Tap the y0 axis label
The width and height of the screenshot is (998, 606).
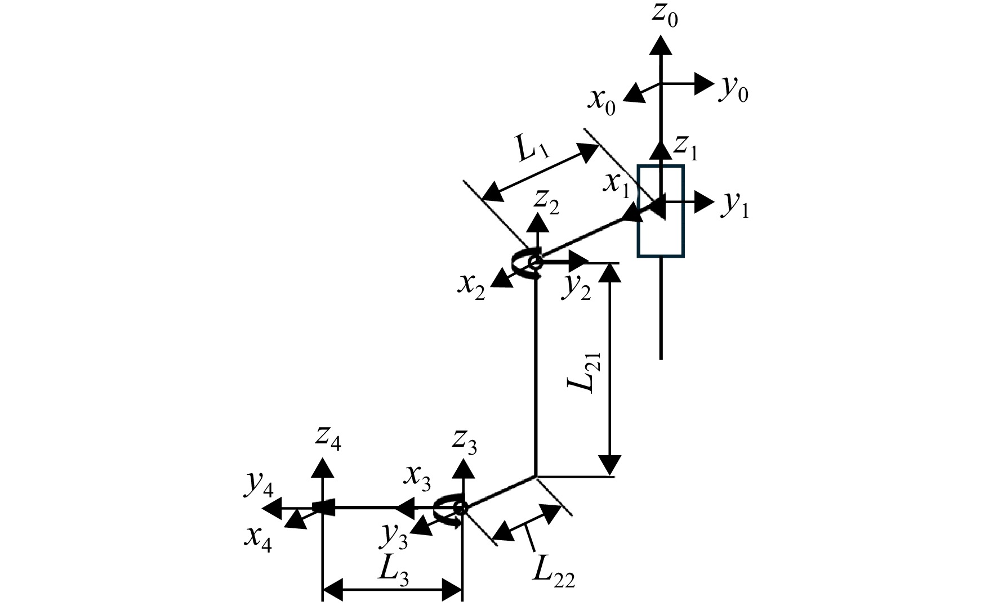(733, 89)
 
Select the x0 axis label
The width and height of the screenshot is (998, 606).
(602, 101)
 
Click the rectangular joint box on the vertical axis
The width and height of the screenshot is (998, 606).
(661, 211)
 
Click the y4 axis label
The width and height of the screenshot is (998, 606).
(260, 488)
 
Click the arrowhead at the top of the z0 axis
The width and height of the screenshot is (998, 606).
(661, 44)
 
